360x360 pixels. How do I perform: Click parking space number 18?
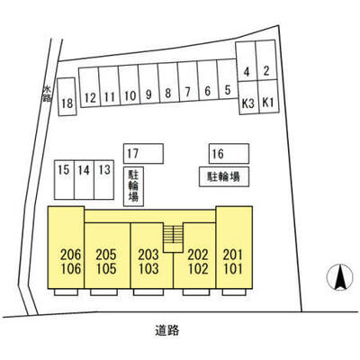tap(67, 96)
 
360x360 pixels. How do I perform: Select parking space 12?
tap(89, 87)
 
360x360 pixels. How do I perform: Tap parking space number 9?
tap(148, 84)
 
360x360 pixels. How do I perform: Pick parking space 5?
tap(227, 79)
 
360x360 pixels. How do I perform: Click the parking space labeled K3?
tap(248, 97)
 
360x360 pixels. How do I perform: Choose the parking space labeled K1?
tap(268, 96)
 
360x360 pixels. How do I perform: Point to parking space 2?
tap(265, 60)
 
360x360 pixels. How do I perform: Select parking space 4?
tap(246, 61)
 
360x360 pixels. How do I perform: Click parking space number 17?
tap(143, 154)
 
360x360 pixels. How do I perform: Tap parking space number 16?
tap(229, 154)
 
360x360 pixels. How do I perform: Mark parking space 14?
tap(84, 180)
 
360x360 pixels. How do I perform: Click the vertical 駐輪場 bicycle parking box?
tap(133, 186)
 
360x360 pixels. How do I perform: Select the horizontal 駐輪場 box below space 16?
tap(224, 176)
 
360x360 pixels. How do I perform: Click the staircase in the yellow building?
tap(173, 238)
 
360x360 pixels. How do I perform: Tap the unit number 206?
tap(71, 255)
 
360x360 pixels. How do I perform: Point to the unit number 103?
tap(148, 268)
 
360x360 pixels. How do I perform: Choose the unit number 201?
tap(233, 255)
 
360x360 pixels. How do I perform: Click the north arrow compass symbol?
tap(339, 277)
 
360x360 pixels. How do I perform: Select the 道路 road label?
tap(167, 330)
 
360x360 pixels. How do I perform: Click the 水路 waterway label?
tap(47, 94)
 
